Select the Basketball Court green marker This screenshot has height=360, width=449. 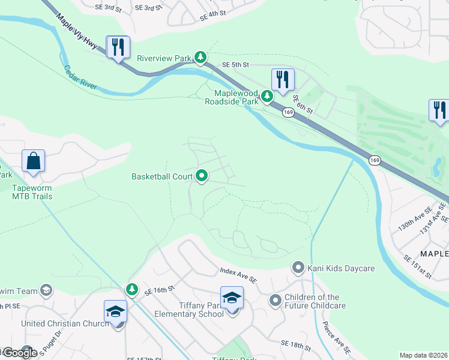point(202,176)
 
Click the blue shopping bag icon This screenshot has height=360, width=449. point(33,161)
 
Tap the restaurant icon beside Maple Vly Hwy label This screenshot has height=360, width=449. point(118,47)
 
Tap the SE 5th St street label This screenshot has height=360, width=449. point(235,64)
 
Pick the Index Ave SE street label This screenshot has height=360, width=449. point(238,276)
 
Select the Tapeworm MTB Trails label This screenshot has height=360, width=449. point(32,191)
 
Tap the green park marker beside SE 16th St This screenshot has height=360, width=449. point(132,290)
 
